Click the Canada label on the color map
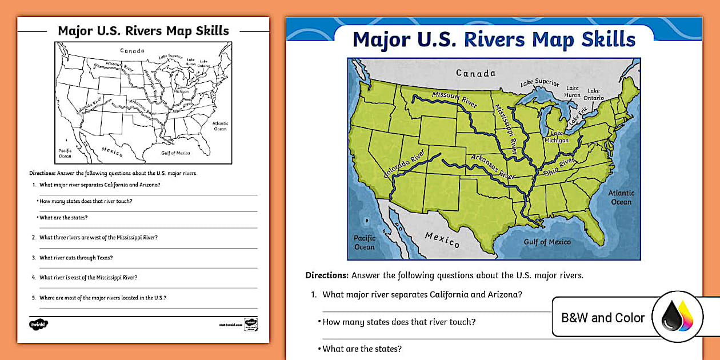point(475,73)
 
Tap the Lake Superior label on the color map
point(539,83)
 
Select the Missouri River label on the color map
point(454,99)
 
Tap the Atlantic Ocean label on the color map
point(621,197)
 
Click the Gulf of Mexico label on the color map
point(547,242)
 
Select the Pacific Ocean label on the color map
point(364,242)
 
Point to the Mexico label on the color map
point(442,239)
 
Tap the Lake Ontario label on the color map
point(594,94)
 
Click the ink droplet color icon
point(677,318)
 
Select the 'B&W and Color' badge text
point(603,318)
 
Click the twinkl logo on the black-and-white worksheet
point(38,324)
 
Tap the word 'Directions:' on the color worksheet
point(327,275)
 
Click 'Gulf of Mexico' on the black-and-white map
point(175,153)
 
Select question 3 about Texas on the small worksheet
point(76,258)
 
